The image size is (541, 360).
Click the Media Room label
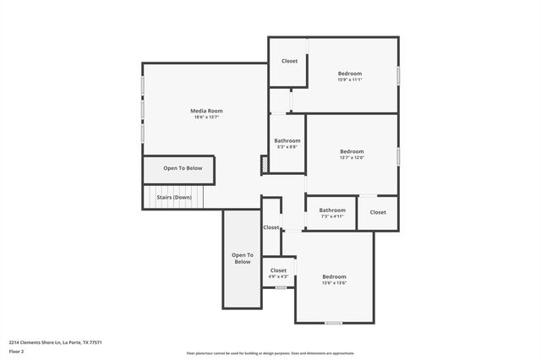[206, 111]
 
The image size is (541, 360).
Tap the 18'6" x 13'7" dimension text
[206, 117]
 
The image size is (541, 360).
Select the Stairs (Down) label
[174, 197]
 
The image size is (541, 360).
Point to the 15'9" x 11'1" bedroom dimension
[350, 80]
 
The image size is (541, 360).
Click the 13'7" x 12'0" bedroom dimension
[351, 158]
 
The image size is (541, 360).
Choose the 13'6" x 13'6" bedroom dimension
[334, 283]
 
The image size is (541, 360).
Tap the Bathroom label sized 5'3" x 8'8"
[287, 140]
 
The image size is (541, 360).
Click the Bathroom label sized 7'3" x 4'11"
[331, 210]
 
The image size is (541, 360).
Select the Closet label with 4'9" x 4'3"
[278, 270]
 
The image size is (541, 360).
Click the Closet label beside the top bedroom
[289, 61]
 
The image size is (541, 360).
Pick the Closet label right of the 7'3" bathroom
[377, 212]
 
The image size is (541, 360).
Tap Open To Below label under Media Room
[183, 168]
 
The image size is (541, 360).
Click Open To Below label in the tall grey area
[243, 259]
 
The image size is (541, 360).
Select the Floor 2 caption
[16, 351]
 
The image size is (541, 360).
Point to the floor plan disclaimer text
[270, 353]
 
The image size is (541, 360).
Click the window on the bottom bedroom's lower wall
[334, 323]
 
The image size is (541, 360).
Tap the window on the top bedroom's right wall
[398, 74]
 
